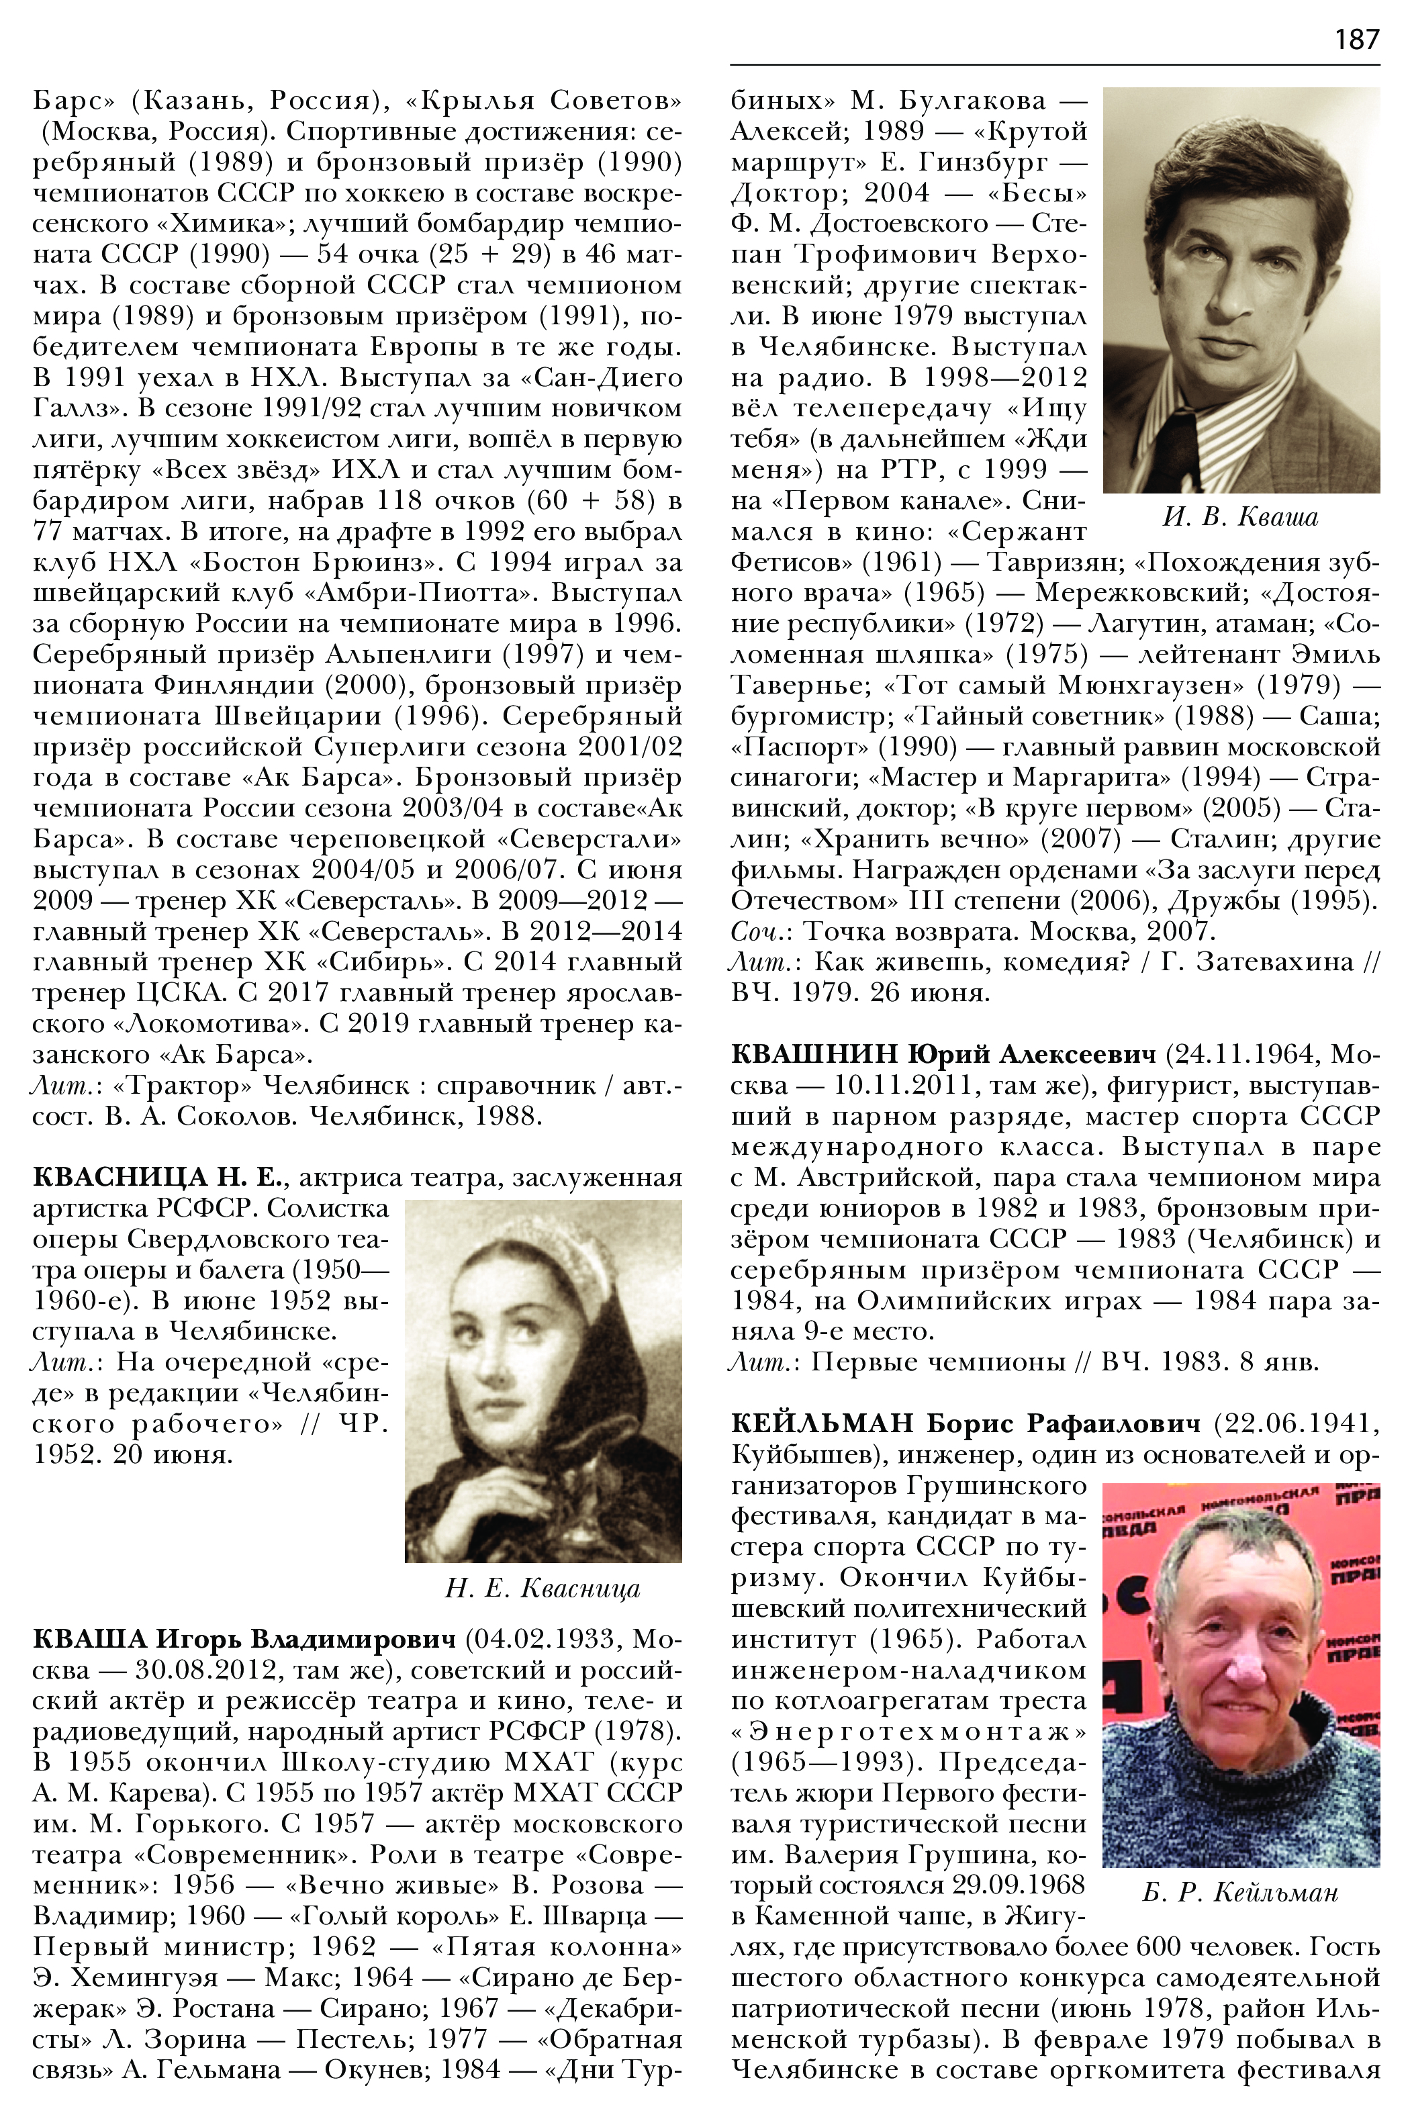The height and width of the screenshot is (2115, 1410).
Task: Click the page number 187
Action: [x=1356, y=40]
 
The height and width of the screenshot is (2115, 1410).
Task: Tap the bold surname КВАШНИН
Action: [x=814, y=1054]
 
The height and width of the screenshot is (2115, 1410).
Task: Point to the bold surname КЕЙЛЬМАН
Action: [x=822, y=1423]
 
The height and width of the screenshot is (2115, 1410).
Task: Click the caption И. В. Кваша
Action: [x=1240, y=517]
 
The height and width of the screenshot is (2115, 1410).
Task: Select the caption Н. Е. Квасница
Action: [x=543, y=1589]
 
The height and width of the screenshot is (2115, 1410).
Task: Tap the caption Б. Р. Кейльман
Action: [x=1240, y=1893]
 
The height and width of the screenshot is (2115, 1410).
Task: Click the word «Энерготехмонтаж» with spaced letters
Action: [x=908, y=1731]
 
